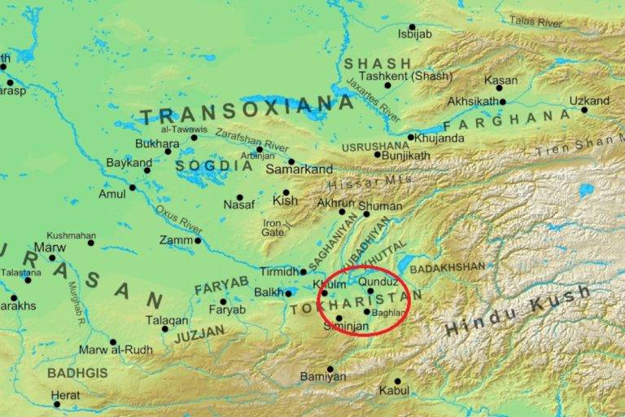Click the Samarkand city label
[x=299, y=169]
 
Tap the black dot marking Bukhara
[x=168, y=151]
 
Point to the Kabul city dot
[x=398, y=381]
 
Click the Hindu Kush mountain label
[x=505, y=318]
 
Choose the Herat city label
[x=66, y=395]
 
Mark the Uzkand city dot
[x=583, y=110]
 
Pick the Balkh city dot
[x=288, y=293]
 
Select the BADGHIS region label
[x=77, y=373]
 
